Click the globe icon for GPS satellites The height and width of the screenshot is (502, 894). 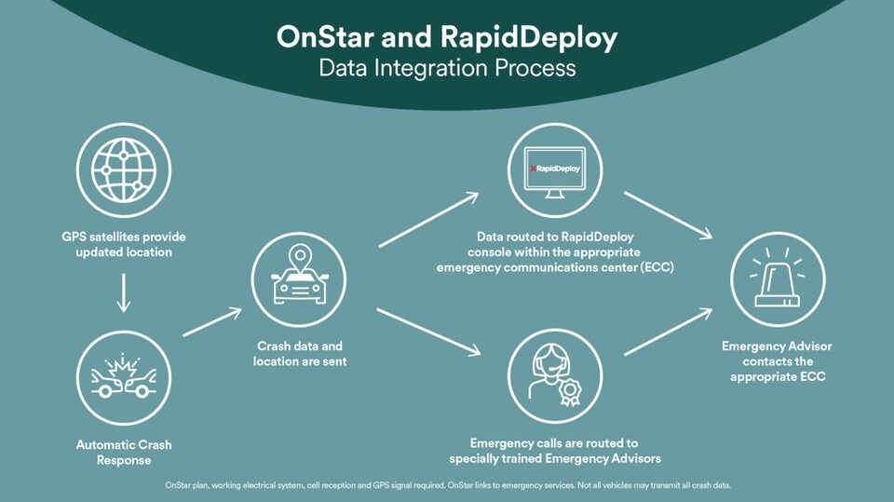[x=124, y=171]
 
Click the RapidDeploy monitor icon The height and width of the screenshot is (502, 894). [x=555, y=170]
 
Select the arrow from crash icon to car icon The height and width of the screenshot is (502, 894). [x=212, y=320]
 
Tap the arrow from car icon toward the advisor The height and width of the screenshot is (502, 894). [x=428, y=331]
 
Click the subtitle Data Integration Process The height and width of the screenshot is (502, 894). [x=447, y=68]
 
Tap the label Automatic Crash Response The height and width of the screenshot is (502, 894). [x=124, y=452]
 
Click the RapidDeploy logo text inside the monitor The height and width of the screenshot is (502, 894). [x=557, y=169]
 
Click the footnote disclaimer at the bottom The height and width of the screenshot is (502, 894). [x=447, y=485]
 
